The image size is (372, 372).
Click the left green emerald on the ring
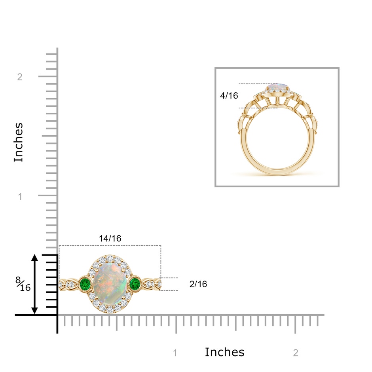tap(85, 283)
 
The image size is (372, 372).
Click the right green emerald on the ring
tap(135, 283)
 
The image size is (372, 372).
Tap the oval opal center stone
tap(110, 283)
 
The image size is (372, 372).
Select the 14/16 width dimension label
tap(110, 238)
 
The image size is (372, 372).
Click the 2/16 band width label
tap(198, 284)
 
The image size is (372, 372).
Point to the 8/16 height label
tap(23, 284)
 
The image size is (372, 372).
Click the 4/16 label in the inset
tap(229, 95)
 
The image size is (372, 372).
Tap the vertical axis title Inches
tap(18, 142)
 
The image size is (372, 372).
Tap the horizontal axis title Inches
tap(224, 352)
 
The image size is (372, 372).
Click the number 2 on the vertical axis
tap(20, 77)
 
